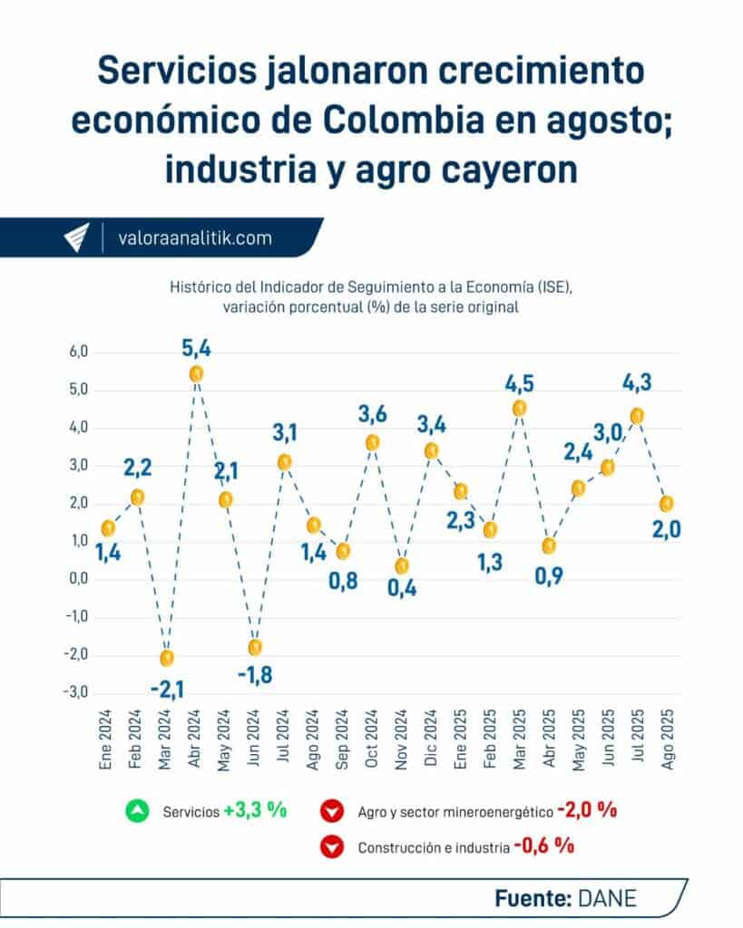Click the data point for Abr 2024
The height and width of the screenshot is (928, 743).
pos(196,373)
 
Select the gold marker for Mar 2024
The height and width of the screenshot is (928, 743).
pos(167,658)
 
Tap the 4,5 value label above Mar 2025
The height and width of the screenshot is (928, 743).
pos(519,383)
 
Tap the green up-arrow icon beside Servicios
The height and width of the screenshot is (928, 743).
pos(138,811)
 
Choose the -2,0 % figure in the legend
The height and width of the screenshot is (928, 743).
pos(587,810)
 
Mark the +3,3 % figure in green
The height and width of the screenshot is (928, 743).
pos(256,811)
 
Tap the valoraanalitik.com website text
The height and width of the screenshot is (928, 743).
pos(195,238)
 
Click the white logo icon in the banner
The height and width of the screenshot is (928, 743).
pos(77,237)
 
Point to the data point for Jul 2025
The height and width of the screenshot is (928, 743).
pos(637,416)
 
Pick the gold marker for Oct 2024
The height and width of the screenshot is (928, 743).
pos(372,442)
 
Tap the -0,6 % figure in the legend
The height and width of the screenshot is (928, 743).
pos(543,847)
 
